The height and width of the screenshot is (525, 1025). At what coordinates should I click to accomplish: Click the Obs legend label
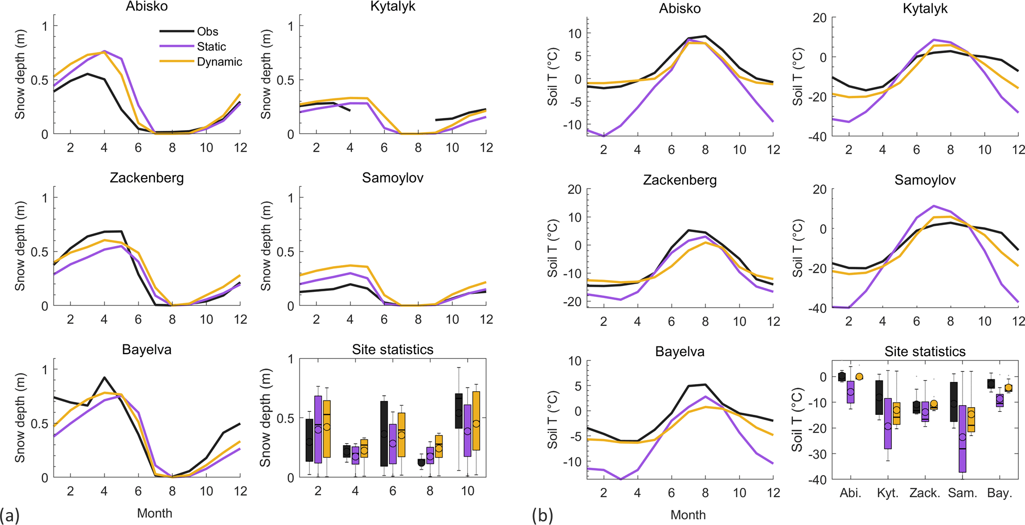(207, 31)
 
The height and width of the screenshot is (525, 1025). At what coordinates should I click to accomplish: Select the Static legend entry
(211, 47)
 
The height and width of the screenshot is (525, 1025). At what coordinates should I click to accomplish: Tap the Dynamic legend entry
(219, 62)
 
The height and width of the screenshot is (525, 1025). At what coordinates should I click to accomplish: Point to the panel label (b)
(542, 515)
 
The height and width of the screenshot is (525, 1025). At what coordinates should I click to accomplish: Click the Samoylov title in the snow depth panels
(393, 178)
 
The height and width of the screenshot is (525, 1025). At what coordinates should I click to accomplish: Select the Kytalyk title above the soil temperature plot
(925, 9)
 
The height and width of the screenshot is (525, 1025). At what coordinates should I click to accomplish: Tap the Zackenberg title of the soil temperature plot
(680, 180)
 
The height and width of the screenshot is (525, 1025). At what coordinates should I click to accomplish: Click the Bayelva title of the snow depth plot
(147, 350)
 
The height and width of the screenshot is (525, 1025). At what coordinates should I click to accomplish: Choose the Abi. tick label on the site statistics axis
(851, 493)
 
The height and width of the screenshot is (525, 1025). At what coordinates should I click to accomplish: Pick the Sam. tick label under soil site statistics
(962, 493)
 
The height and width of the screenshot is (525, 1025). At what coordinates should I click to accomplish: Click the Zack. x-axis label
(925, 493)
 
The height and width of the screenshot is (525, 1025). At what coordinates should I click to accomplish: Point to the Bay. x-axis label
(999, 493)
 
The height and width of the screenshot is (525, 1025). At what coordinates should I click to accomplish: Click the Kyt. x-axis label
(888, 493)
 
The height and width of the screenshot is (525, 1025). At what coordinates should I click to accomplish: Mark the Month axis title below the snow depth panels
(154, 513)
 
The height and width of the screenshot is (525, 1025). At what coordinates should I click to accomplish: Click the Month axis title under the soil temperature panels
(688, 515)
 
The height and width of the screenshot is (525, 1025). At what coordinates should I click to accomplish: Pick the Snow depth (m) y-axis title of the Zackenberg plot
(20, 246)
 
